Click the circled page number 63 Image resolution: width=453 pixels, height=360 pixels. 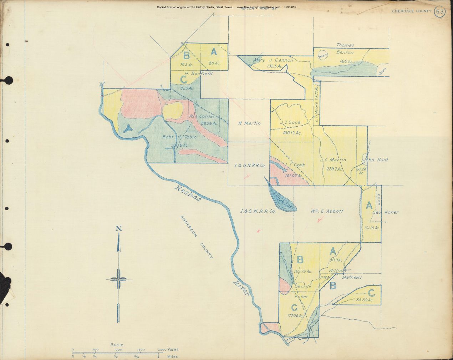click(440, 11)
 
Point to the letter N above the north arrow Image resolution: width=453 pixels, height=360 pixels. click(119, 229)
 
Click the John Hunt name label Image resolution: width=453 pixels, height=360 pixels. click(375, 160)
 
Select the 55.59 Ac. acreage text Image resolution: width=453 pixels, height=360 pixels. click(365, 300)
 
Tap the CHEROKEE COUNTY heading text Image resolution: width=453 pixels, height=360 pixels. click(412, 11)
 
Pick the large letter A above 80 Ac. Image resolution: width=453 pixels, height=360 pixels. click(214, 52)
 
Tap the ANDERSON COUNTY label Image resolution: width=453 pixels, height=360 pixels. click(197, 237)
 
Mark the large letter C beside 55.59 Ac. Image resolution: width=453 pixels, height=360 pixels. click(371, 293)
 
